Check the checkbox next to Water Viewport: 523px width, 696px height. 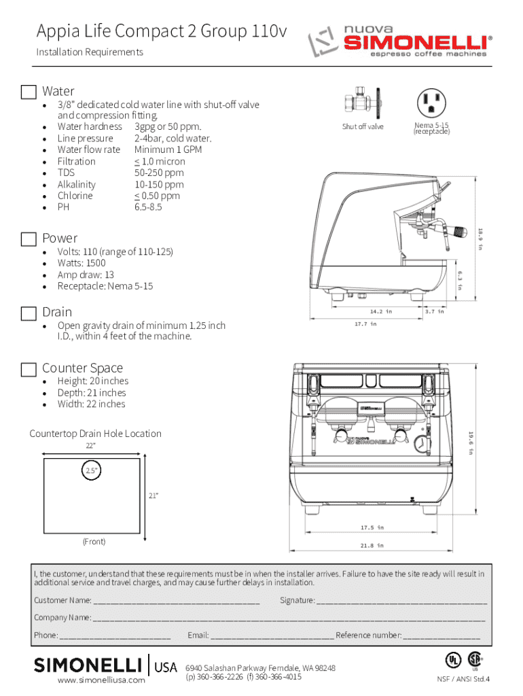(x=29, y=92)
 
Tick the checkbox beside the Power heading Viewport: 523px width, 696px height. (x=29, y=239)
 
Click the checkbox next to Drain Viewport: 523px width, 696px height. (x=29, y=313)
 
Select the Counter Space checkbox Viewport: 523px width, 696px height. (x=29, y=369)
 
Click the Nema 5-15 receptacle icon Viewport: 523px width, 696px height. (x=431, y=103)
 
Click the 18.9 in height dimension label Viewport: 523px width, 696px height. (x=479, y=239)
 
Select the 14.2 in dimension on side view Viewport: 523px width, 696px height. (x=380, y=311)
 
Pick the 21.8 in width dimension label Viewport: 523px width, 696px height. (x=372, y=545)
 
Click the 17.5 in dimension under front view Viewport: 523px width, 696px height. (x=372, y=527)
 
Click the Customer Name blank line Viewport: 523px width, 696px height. (x=176, y=601)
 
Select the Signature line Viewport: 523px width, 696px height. (x=401, y=601)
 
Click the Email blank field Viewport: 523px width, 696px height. (x=272, y=636)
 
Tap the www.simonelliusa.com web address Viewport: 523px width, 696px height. (x=101, y=680)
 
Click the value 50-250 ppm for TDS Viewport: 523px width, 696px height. (x=159, y=173)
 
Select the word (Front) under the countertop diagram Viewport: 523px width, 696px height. (x=94, y=542)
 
